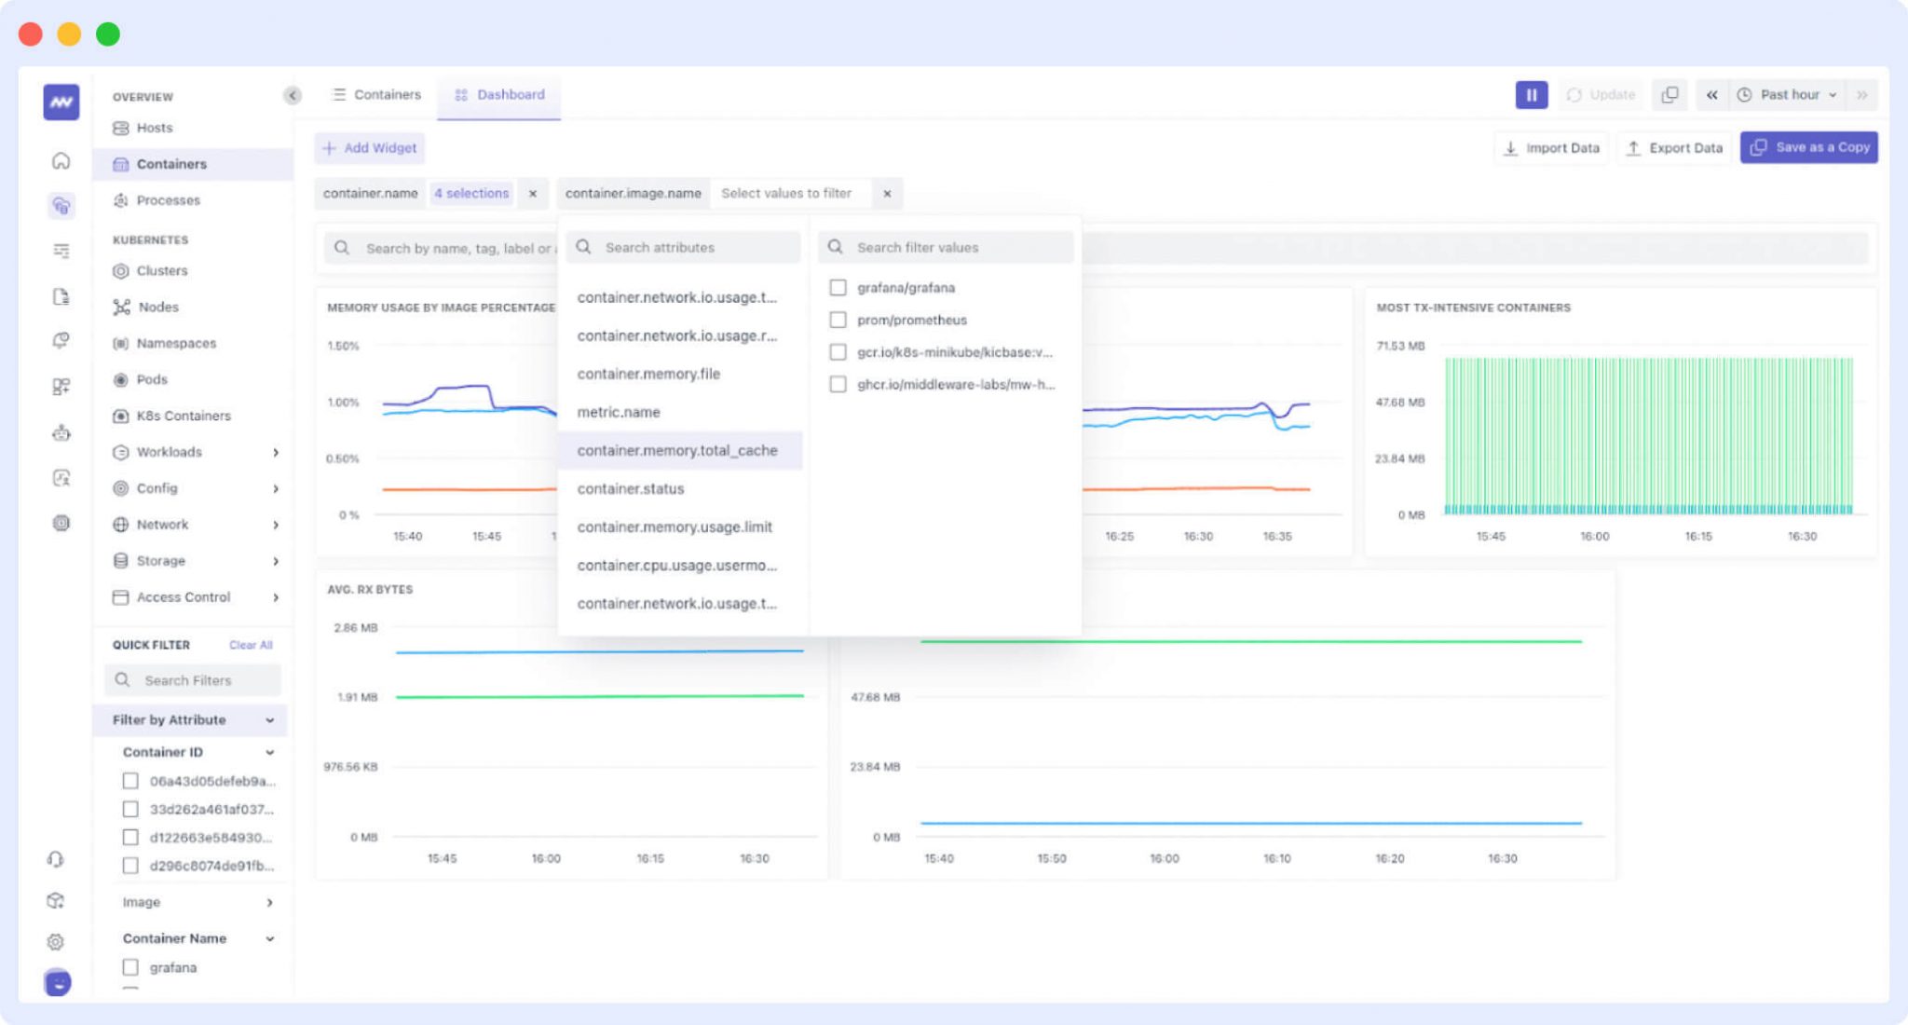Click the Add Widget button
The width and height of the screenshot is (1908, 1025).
370,148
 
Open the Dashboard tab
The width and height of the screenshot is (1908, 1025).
499,95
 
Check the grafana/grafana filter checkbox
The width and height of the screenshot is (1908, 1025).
838,288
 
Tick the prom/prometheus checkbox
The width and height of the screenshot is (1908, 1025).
838,321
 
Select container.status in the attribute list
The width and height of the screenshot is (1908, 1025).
631,489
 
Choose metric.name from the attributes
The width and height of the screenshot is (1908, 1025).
619,413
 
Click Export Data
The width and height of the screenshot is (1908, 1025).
1674,148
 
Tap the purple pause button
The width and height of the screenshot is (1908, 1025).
1531,95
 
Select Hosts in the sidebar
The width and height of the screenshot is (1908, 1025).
154,129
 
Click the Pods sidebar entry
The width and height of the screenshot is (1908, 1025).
152,380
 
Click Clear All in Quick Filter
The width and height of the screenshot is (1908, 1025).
251,645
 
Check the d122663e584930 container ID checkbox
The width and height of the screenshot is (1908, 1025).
130,838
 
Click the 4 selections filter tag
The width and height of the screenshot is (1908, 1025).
471,194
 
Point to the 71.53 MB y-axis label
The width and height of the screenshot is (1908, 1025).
1399,347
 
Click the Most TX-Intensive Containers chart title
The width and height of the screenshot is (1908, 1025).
1473,308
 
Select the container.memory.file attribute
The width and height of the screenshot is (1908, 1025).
648,375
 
